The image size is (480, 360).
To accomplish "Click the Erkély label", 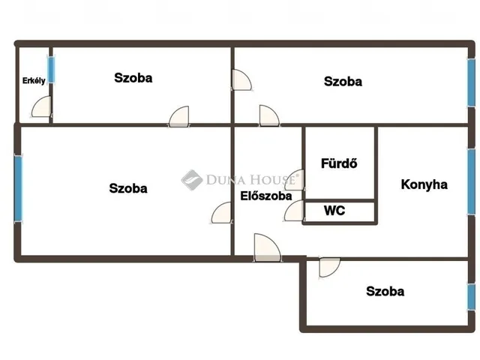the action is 34,80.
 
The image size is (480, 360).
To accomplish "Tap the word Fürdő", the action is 339,163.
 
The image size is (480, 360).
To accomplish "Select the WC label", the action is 334,211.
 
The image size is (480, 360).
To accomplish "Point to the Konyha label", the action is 424,184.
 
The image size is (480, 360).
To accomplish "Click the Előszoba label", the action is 266,196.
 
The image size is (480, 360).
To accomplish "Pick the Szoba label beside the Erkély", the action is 133,78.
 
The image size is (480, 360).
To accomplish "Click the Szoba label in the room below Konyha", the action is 385,291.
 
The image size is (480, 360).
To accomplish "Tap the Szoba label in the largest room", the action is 128,188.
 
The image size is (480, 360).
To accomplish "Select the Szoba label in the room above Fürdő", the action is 343,82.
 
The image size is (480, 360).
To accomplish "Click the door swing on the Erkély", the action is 41,106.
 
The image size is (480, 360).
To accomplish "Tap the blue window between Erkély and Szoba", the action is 52,70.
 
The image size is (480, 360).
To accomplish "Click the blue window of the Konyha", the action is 472,181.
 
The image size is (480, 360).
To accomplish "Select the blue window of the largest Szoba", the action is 18,189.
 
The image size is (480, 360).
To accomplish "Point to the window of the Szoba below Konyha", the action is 472,297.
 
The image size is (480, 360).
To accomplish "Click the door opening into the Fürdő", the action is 295,180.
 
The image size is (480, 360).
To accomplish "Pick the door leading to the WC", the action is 294,211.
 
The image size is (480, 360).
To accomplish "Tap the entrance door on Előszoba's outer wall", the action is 267,247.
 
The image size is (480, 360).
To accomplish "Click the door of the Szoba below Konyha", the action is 329,268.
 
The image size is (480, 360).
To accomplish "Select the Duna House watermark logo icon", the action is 192,180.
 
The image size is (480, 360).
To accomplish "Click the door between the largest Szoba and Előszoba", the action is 221,212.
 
